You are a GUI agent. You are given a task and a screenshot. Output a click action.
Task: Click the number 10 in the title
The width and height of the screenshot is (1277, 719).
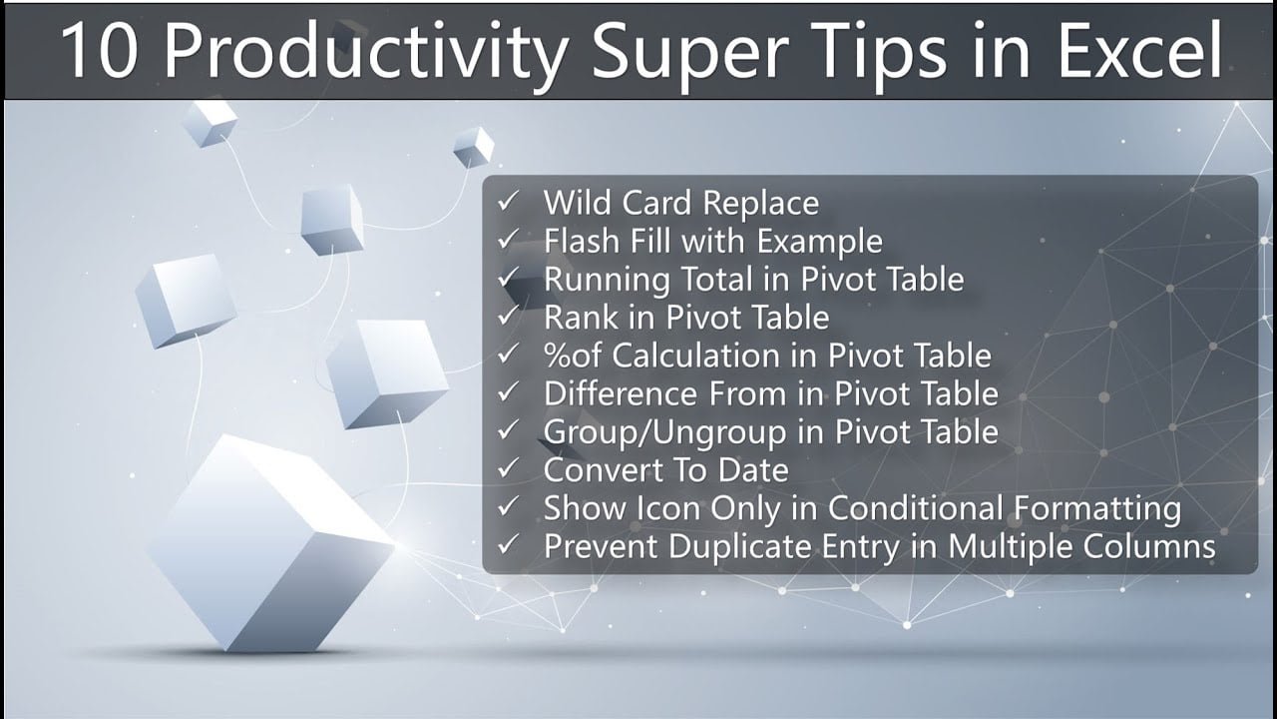coord(99,51)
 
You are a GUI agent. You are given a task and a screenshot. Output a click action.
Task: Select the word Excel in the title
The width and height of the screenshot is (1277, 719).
coord(1139,51)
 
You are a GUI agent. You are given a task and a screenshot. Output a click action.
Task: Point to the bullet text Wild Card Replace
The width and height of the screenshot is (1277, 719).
coord(681,203)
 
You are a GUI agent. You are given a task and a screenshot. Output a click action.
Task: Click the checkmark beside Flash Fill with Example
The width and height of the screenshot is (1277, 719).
coord(508,239)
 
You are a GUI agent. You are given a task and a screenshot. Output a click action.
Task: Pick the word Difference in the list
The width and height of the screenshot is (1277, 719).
coord(621,393)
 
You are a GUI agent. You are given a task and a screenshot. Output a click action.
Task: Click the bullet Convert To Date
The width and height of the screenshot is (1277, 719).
coord(665,470)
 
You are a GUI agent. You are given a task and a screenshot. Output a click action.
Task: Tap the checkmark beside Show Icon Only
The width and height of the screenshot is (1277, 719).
coord(508,506)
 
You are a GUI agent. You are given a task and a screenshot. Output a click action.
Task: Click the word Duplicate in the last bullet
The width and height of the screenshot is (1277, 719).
coord(740,547)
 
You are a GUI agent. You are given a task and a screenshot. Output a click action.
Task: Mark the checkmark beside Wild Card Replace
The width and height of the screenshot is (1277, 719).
coord(508,201)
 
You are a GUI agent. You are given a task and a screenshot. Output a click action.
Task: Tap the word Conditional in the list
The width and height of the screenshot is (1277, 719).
coord(915,508)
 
